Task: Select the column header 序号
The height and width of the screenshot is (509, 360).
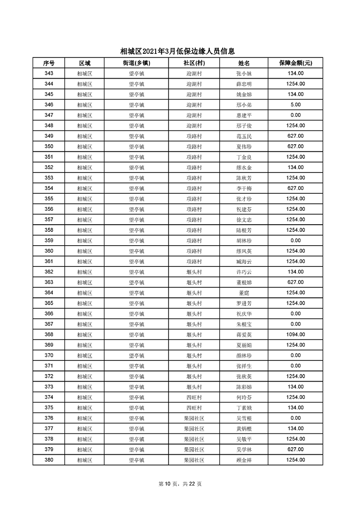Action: [x=49, y=63]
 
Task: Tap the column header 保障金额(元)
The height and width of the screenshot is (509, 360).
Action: [x=295, y=63]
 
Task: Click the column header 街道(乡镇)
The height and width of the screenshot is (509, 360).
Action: [x=136, y=63]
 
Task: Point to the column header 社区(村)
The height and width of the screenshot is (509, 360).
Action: [x=194, y=63]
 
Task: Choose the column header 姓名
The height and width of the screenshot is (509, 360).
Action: [x=244, y=63]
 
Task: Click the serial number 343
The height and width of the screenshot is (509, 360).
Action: [x=49, y=73]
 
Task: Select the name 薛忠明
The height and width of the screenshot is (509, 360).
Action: [x=244, y=84]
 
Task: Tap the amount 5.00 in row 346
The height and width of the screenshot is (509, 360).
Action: [x=295, y=105]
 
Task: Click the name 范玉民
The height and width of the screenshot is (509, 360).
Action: [x=244, y=136]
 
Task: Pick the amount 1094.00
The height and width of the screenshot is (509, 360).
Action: [x=295, y=335]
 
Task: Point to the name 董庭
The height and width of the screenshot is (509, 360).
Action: [x=244, y=293]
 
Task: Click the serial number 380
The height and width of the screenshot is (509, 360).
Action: [x=49, y=460]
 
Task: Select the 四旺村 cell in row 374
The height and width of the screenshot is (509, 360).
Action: [x=194, y=397]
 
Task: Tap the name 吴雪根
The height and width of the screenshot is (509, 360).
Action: [x=244, y=418]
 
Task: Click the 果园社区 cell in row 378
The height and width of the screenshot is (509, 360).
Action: [x=194, y=439]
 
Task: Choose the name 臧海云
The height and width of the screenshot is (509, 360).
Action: [x=244, y=262]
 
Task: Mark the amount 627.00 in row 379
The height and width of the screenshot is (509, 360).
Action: [x=295, y=449]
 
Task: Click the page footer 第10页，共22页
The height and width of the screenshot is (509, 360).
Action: [x=180, y=484]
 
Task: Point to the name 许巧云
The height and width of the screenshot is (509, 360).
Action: [x=244, y=272]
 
